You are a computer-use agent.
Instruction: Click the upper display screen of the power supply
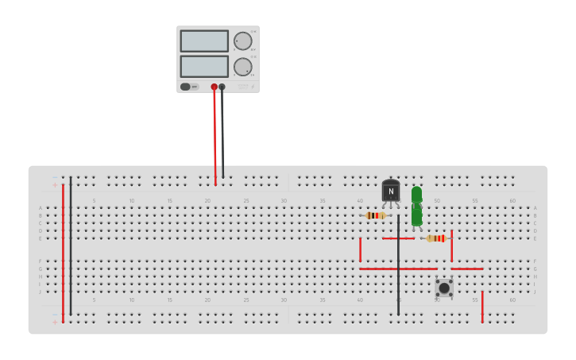pyautogui.click(x=204, y=41)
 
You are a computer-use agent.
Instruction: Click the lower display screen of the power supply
pyautogui.click(x=204, y=66)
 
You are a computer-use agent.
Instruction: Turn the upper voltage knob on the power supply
pyautogui.click(x=242, y=41)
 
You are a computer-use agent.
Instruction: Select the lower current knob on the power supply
pyautogui.click(x=242, y=67)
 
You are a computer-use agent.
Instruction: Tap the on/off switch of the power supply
pyautogui.click(x=185, y=87)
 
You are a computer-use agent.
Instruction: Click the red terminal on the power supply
pyautogui.click(x=214, y=87)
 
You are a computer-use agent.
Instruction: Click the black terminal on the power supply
pyautogui.click(x=222, y=87)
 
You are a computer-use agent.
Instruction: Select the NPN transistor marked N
pyautogui.click(x=391, y=191)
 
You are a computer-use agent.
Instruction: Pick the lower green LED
pyautogui.click(x=416, y=216)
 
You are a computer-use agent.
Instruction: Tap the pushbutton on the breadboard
pyautogui.click(x=444, y=287)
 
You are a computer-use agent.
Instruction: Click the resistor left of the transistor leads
pyautogui.click(x=376, y=215)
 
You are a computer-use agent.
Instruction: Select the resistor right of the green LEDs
pyautogui.click(x=437, y=238)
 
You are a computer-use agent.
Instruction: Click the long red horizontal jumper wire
pyautogui.click(x=397, y=269)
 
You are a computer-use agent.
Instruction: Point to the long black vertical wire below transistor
pyautogui.click(x=398, y=270)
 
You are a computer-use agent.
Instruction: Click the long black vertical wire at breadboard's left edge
pyautogui.click(x=70, y=246)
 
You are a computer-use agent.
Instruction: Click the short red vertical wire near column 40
pyautogui.click(x=360, y=250)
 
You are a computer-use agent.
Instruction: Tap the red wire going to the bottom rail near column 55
pyautogui.click(x=482, y=307)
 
